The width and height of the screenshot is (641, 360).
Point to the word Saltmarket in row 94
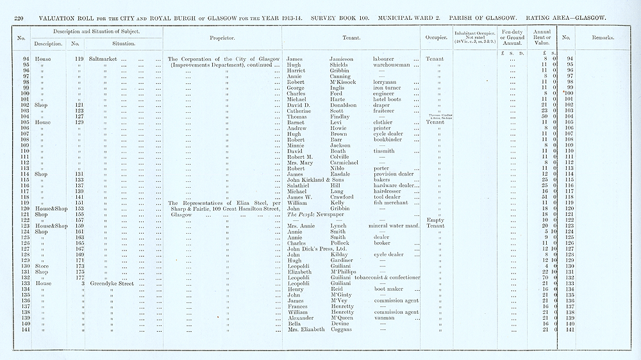coord(104,59)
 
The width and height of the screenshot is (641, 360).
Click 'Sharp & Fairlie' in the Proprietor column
coord(188,208)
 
